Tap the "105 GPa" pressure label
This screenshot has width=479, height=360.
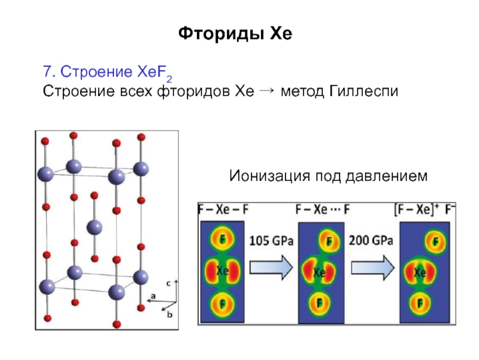click(x=271, y=241)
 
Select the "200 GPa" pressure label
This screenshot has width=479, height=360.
click(x=371, y=241)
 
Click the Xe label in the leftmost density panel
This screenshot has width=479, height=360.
click(x=222, y=271)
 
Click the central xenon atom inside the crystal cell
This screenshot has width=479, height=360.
click(x=95, y=227)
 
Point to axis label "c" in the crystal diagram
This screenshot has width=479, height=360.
click(x=169, y=282)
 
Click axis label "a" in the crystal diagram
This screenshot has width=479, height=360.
click(x=153, y=296)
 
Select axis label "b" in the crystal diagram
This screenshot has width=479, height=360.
click(x=169, y=313)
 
